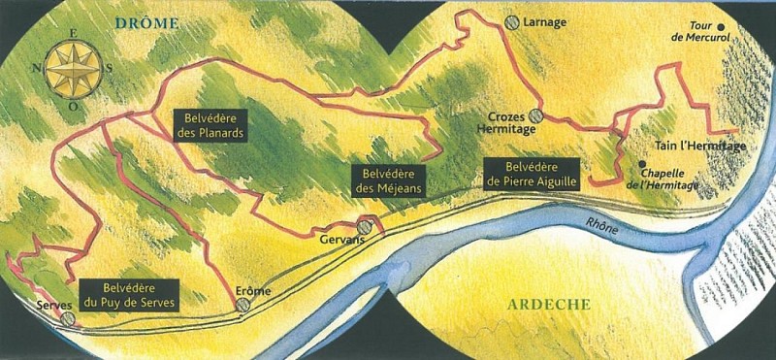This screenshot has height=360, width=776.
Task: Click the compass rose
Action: click(73, 67)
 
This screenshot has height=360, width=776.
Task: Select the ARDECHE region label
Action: click(548, 305)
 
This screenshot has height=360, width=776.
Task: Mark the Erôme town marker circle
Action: click(242, 304)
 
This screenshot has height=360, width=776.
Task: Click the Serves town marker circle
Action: click(67, 317)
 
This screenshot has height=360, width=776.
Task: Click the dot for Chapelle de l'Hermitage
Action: click(641, 163)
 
